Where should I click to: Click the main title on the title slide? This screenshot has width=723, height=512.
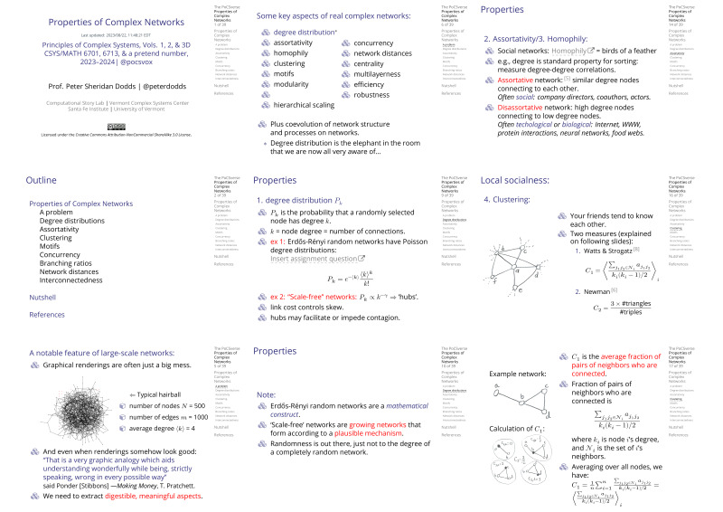click(x=99, y=24)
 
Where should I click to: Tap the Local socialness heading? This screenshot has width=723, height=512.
click(x=515, y=181)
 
